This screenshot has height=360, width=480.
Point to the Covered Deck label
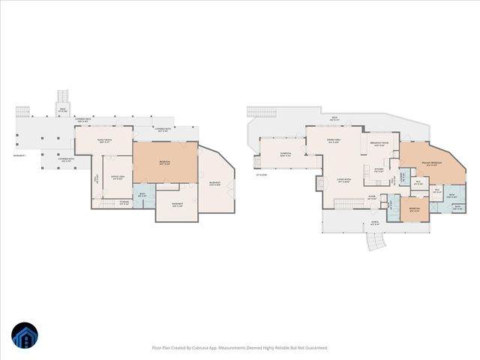84,119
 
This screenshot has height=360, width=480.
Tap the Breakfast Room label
379,145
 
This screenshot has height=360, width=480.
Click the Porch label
374,223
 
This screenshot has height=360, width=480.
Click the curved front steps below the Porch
373,241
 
